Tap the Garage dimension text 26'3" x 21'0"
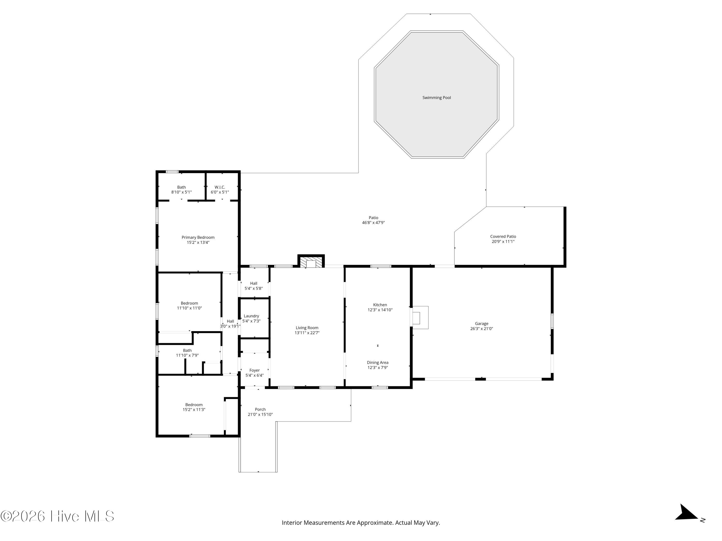481,329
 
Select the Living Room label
307,328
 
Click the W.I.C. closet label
220,187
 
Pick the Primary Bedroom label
198,237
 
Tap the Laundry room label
251,316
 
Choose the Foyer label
255,370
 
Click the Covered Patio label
503,236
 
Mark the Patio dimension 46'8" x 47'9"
374,223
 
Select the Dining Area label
378,362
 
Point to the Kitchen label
380,305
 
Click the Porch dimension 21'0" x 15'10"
260,415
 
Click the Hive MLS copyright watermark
58,516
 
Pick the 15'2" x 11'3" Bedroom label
194,405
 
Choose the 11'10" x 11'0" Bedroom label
189,303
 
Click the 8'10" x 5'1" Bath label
181,187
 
